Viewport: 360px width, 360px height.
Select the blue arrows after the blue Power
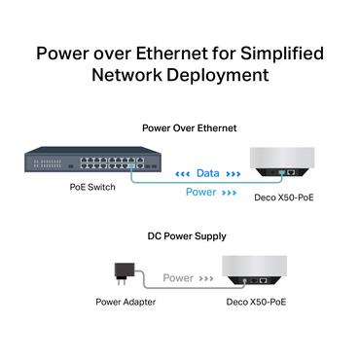[230, 193]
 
